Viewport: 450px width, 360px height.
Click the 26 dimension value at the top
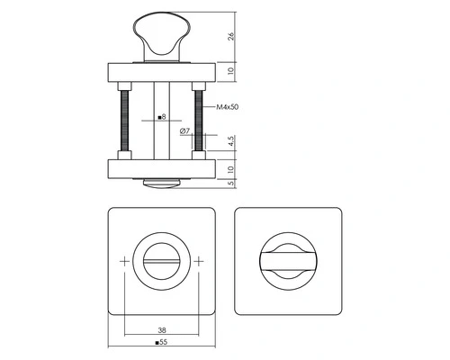coord(231,36)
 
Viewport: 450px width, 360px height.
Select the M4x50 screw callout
coord(228,107)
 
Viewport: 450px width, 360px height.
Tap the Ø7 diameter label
coord(184,131)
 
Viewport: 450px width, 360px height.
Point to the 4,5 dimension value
coord(231,140)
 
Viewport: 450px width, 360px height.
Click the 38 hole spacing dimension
coord(162,330)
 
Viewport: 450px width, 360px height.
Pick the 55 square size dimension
coord(161,342)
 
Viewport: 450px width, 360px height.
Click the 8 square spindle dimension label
coord(162,117)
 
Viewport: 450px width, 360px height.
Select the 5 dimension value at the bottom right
coord(231,183)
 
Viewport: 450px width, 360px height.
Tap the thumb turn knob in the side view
coord(162,36)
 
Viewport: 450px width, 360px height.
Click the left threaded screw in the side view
coord(124,121)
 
